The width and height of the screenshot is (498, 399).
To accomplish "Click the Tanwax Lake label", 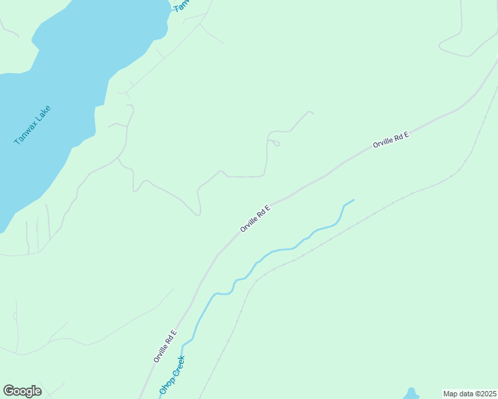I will coord(32,126).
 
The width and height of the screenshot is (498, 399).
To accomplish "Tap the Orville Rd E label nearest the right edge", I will coord(390,140).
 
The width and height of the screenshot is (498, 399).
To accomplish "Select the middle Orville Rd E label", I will coord(256,218).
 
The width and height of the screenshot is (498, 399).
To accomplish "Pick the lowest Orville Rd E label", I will coord(164,346).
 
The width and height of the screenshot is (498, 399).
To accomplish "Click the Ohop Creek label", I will coord(172,376).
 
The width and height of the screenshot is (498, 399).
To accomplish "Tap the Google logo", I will coord(22,391).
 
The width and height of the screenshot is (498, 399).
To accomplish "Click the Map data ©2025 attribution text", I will coord(470,394).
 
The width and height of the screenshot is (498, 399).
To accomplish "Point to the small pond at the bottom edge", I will coord(411,394).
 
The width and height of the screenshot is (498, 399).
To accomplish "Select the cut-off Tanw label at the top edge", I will coord(181,5).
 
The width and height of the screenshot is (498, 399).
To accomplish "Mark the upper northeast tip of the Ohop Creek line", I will coord(353,199).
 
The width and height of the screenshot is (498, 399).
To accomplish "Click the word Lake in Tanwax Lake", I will coord(42,115).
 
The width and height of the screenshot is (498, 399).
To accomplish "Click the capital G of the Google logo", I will coord(9,391).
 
